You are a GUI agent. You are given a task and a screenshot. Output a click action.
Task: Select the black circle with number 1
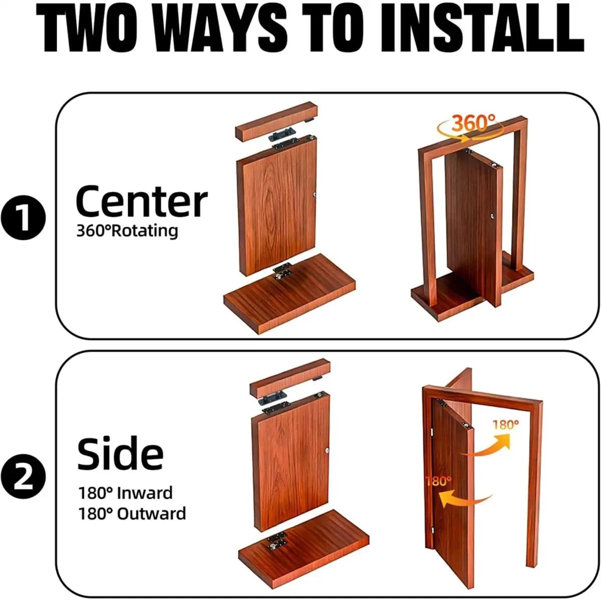(24, 217)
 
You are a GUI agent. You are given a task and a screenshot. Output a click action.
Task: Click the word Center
(142, 201)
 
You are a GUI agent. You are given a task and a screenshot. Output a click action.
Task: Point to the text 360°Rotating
(127, 231)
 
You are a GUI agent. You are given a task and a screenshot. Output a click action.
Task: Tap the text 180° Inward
(125, 493)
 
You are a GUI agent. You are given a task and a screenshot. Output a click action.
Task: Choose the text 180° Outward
(132, 514)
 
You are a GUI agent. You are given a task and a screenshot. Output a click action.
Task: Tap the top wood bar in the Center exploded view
(276, 121)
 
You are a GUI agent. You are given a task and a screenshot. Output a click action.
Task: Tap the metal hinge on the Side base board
(276, 540)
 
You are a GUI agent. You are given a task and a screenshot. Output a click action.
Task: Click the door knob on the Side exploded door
(327, 450)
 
